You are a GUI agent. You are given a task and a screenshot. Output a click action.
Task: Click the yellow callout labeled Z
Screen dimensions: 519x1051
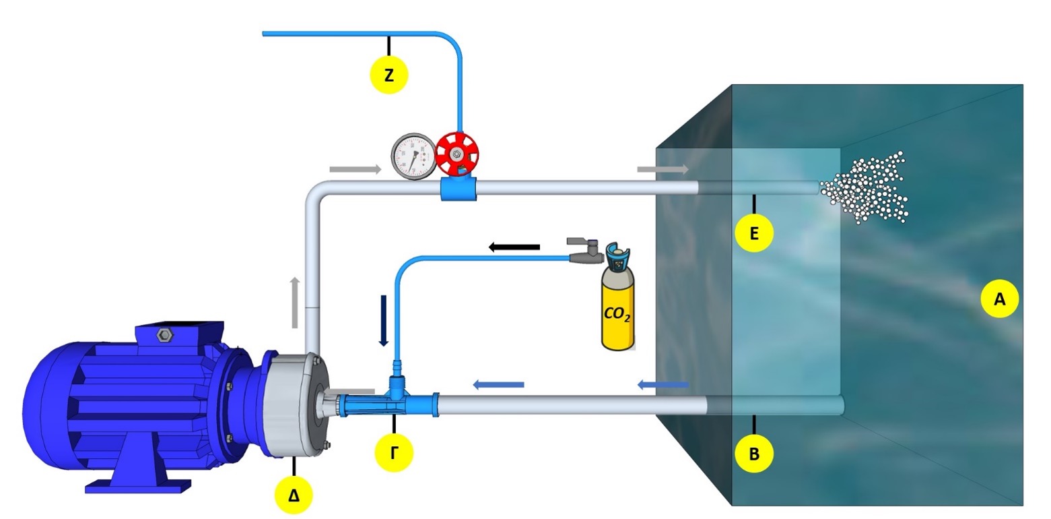[389, 75]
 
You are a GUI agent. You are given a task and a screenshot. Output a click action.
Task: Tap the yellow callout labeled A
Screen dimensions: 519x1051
[999, 299]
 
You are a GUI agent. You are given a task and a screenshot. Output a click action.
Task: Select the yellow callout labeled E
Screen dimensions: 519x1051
[754, 233]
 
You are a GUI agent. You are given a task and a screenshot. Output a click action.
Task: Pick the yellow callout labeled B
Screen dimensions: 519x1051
[754, 454]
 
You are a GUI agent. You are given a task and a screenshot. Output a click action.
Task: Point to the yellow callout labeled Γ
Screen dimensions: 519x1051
[394, 452]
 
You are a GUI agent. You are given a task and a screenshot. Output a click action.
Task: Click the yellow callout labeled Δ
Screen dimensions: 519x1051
[294, 496]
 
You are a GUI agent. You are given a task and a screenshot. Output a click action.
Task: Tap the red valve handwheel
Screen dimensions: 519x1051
[456, 154]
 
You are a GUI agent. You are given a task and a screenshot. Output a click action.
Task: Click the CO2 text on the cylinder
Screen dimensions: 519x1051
[617, 313]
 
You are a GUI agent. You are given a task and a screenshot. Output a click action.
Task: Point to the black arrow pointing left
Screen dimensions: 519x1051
[514, 247]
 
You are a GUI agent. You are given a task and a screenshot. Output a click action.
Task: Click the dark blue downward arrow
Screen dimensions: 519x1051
[384, 320]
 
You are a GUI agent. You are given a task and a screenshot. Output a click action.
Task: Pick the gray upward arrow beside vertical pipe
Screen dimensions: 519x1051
[295, 303]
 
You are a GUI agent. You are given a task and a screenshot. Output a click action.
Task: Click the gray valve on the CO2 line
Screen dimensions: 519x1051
[582, 251]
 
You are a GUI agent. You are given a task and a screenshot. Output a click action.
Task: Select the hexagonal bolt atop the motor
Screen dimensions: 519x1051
[164, 334]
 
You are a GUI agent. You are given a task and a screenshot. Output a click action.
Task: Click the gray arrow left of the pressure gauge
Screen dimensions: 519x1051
[355, 169]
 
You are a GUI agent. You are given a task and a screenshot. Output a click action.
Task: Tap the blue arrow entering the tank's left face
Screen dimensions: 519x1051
[663, 386]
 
